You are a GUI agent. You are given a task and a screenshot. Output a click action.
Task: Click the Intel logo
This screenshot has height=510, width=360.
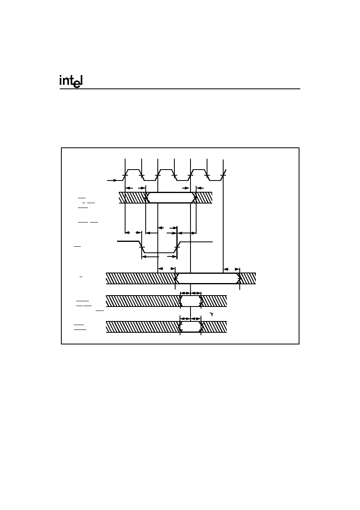point(71,81)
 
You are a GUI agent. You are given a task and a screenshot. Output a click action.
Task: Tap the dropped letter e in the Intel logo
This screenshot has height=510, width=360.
point(77,85)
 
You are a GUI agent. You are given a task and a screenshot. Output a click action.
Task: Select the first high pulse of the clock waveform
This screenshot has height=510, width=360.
point(133,170)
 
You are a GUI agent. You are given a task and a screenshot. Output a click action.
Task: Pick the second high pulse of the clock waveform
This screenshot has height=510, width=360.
point(166,170)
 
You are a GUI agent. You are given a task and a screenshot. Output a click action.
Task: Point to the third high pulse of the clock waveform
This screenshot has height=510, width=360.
point(199,170)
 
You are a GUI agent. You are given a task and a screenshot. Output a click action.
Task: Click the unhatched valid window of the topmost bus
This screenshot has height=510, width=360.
point(171,197)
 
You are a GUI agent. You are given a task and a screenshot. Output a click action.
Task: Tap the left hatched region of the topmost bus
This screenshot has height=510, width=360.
point(132,197)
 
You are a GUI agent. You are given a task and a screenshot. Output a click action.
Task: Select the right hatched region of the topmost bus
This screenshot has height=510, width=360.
point(204,197)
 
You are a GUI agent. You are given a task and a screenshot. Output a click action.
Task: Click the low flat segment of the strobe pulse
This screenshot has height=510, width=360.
point(159,252)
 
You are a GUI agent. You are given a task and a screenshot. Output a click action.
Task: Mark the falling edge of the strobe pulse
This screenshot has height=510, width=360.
point(142,247)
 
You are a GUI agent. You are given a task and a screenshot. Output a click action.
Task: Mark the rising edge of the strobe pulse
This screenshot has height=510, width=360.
point(177,247)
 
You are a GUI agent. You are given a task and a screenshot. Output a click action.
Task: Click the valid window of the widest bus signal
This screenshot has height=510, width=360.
point(207,278)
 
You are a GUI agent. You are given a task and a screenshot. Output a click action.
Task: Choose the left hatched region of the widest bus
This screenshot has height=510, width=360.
point(141,278)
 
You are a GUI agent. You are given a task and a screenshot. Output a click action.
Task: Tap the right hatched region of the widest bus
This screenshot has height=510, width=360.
point(247,278)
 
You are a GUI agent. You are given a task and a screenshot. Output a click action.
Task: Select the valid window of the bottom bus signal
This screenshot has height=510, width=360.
point(190,327)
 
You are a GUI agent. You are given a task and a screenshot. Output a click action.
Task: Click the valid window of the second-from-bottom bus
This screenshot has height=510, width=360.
point(191,301)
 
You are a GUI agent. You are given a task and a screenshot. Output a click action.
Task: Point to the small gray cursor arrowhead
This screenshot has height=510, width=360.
point(211,314)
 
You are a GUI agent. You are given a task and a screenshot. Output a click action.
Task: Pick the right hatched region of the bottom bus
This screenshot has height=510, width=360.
point(214,327)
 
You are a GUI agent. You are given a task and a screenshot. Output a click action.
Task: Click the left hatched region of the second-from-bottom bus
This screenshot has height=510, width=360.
point(143,301)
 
